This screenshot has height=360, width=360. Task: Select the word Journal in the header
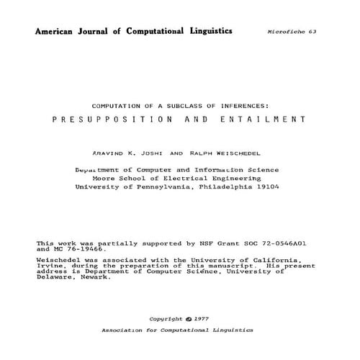coord(105,32)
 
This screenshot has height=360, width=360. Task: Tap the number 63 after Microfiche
coord(312,33)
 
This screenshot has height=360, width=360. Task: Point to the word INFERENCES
coord(233,104)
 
